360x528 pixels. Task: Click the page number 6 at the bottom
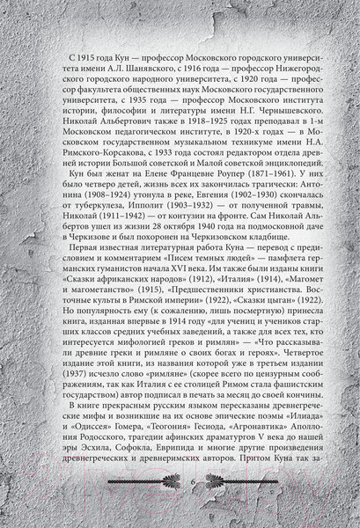pyautogui.click(x=180, y=504)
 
